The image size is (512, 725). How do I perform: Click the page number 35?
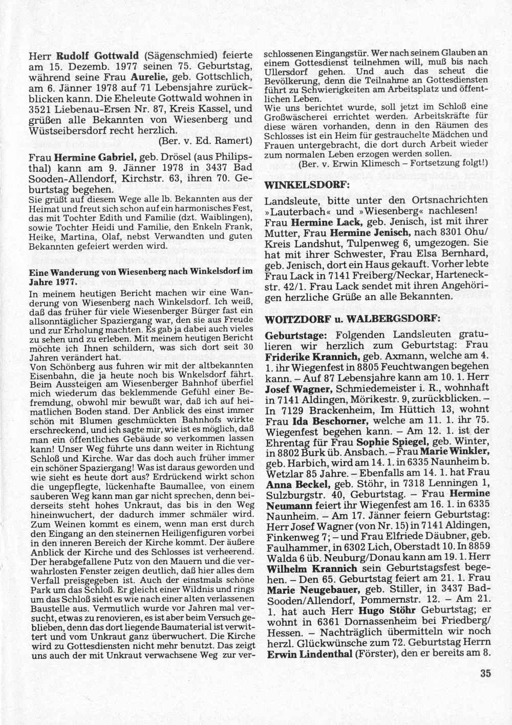486,673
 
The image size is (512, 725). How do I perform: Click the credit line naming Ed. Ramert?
205,140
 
